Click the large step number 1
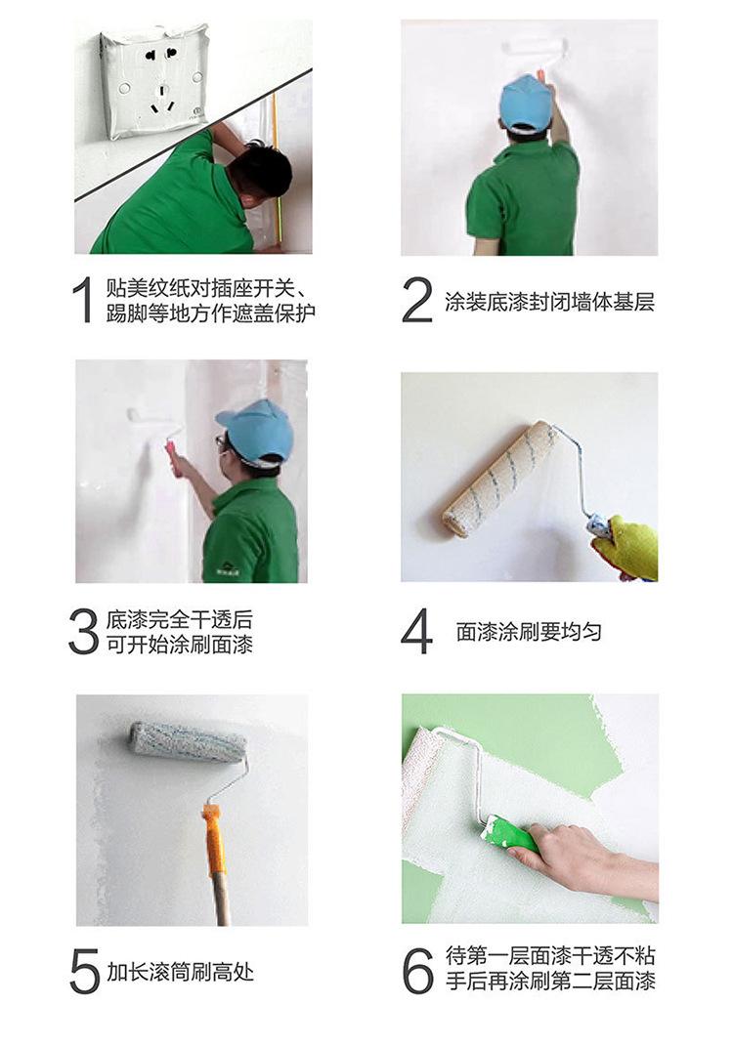coord(83,300)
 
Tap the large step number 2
coord(417,300)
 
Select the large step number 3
coord(83,631)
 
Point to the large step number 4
coord(416,631)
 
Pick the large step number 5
coord(84,971)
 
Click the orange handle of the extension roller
coord(214,840)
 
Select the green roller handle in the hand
coord(511,835)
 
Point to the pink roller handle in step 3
coord(174,457)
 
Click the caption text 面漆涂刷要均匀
coord(529,632)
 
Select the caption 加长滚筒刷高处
coord(180,972)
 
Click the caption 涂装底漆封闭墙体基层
coord(549,302)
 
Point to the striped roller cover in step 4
coord(499,478)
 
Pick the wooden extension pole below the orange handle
coord(222,900)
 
